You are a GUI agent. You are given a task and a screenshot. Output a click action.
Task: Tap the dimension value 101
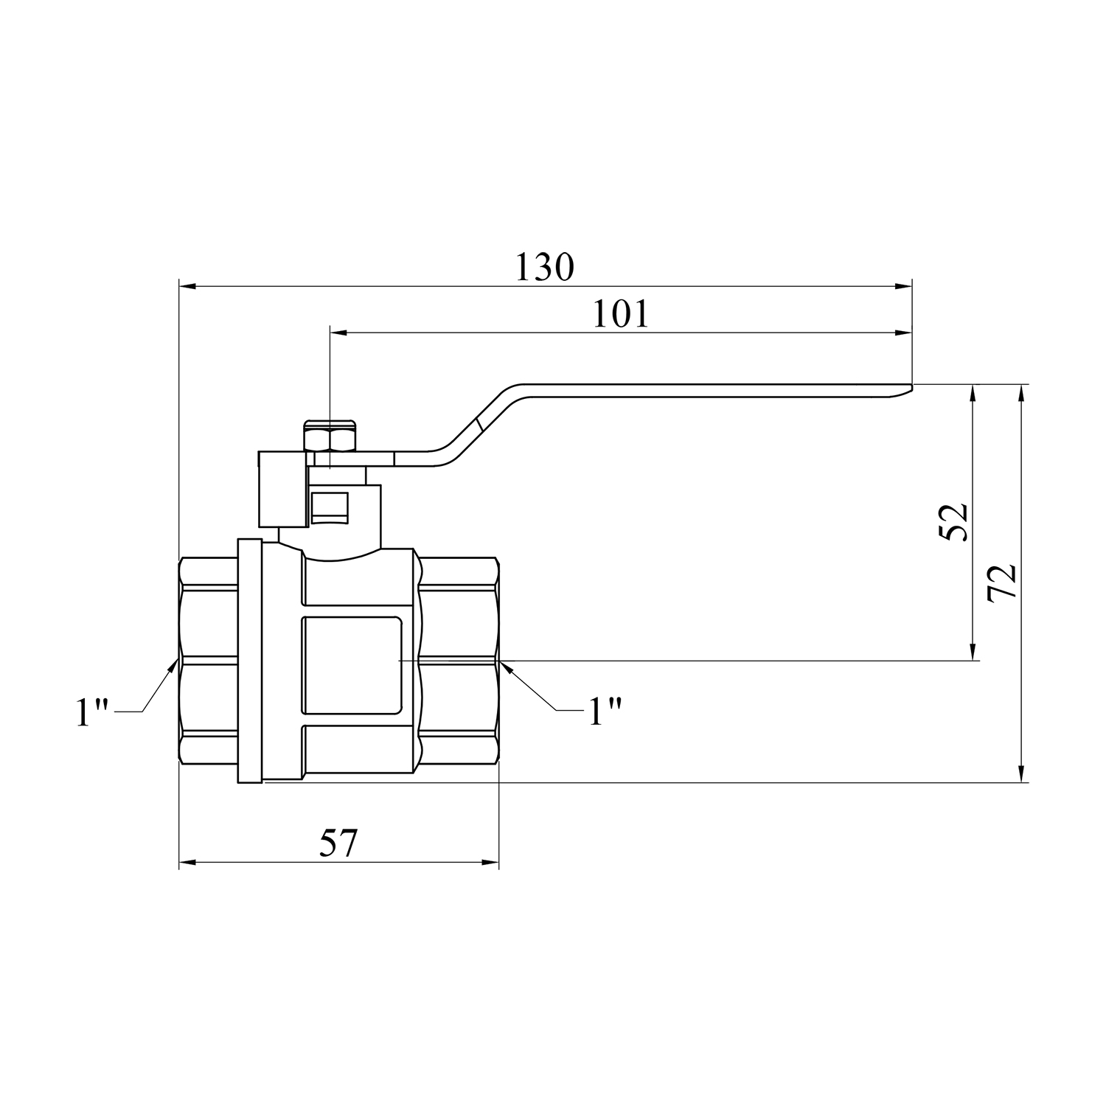click(x=621, y=314)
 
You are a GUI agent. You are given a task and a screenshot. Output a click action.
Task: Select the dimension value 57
click(x=338, y=843)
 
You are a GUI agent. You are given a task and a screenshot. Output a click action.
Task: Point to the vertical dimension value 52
click(x=955, y=522)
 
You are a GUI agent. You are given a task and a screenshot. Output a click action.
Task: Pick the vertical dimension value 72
click(x=1003, y=583)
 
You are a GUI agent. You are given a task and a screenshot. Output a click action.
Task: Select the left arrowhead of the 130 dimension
click(x=189, y=287)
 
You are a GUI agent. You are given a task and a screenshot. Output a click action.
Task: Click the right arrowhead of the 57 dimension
click(x=490, y=862)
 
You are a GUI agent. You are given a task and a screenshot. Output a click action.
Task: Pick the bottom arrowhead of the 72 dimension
click(x=1021, y=772)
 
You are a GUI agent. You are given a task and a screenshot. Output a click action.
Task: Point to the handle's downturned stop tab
click(x=282, y=490)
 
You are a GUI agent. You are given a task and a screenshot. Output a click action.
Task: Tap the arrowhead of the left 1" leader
click(x=173, y=667)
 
